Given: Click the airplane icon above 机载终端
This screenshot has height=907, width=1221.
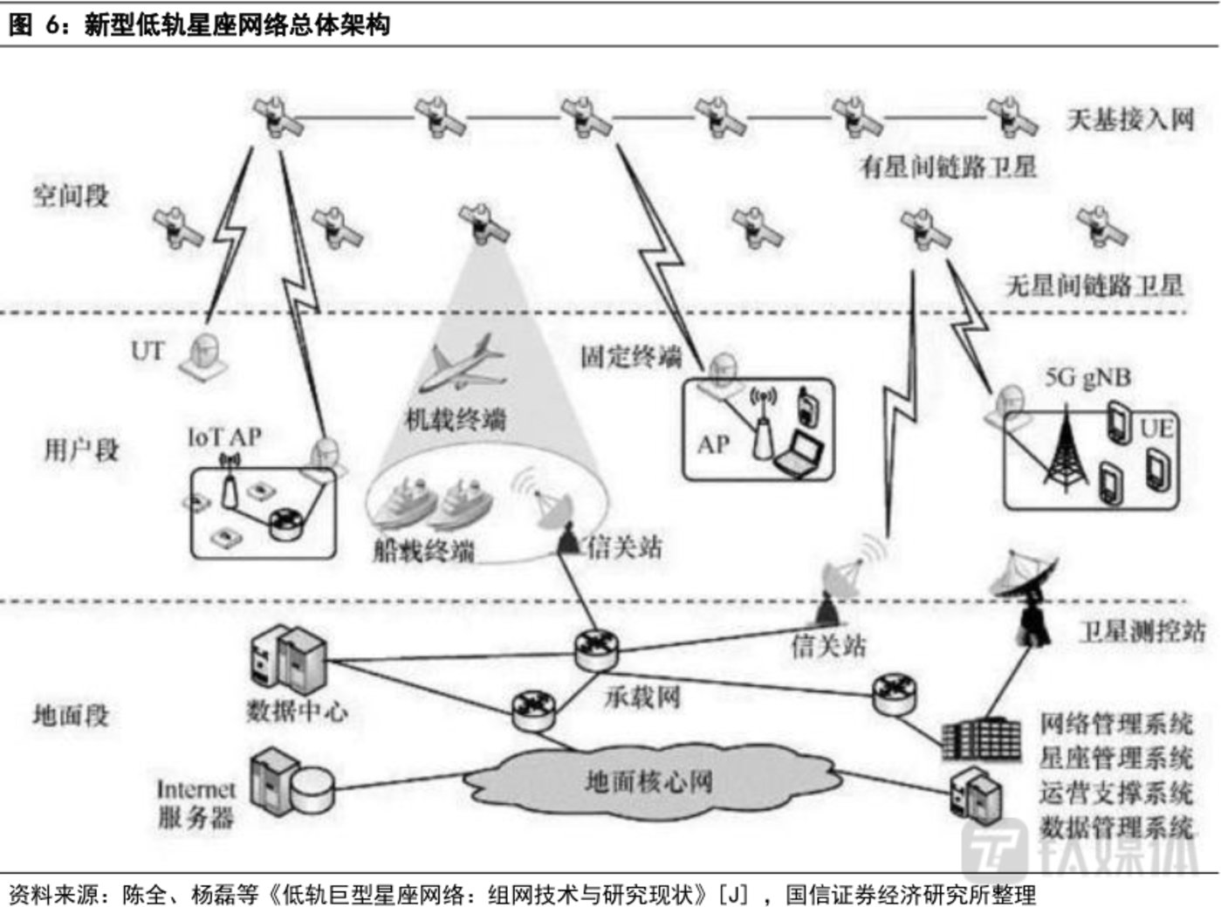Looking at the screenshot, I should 462,364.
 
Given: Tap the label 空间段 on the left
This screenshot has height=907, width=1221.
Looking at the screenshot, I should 72,195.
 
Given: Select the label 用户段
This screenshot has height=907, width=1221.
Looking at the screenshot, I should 81,450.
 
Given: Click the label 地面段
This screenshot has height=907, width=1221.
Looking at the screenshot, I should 72,715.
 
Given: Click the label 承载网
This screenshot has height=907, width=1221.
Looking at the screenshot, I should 642,697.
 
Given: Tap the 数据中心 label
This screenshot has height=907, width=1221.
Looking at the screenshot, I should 297,711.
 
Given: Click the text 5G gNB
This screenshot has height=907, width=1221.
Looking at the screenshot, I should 1087,378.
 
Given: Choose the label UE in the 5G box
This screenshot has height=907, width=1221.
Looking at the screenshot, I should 1156,428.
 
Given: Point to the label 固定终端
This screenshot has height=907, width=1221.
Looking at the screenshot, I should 630,356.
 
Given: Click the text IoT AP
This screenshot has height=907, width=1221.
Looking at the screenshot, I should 224,436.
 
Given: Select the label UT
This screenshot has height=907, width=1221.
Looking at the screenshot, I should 147,351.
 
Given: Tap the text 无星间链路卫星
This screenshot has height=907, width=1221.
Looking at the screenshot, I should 1095,285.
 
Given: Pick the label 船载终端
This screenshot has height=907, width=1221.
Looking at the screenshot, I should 424,550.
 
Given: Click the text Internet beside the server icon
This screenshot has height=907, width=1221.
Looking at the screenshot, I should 195,789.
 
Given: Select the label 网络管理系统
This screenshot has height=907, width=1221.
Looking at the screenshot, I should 1115,723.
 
